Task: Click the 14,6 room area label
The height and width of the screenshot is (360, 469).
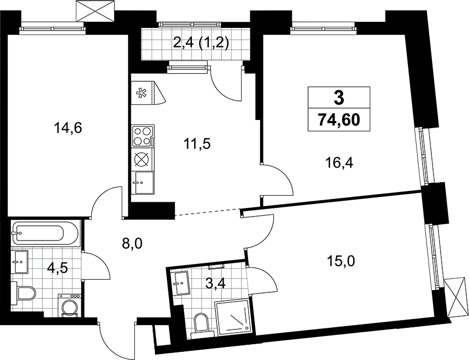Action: point(68,128)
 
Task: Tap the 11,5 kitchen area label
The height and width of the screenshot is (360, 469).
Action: point(197,144)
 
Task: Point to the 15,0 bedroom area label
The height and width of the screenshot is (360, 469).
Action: point(341,262)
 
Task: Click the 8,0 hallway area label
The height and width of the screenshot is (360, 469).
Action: point(133,244)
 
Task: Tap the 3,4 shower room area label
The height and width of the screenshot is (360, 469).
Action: point(215,283)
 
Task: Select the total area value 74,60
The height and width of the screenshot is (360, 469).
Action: point(339,121)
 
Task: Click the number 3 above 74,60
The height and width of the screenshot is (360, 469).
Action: point(339,98)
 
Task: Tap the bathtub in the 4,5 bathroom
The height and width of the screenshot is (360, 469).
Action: point(46,233)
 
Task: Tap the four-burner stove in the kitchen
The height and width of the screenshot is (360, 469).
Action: point(143,136)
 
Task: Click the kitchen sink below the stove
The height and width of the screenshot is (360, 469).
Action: point(145,183)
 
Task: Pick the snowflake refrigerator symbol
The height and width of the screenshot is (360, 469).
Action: point(140,93)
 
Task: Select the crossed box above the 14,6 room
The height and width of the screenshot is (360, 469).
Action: point(96,11)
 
